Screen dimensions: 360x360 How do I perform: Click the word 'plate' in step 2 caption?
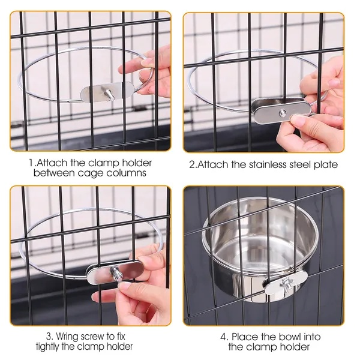pyautogui.click(x=324, y=164)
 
